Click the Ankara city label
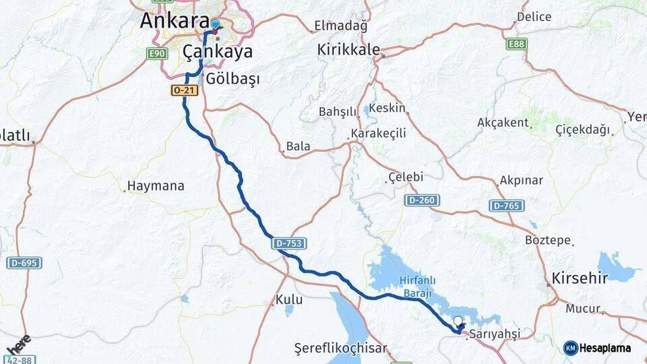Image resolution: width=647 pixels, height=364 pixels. coord(174,20)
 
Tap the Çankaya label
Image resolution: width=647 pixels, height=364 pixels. coord(218,52)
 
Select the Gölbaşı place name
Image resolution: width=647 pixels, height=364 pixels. coord(233,79)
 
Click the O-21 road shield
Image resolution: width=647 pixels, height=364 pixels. coord(185,90)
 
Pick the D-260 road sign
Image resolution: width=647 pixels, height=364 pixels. coord(423,200)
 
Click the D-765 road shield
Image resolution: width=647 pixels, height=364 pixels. coord(506,205)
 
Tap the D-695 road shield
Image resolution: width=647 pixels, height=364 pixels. coord(24,262)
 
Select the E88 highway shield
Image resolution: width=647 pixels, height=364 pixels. coord(517,44)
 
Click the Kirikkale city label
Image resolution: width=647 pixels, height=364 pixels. coord(349,49)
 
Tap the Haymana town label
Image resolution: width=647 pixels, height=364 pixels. coord(156,186)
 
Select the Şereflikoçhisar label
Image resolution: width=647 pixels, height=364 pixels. coord(341,348)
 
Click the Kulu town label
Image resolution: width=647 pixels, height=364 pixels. coord(289,299)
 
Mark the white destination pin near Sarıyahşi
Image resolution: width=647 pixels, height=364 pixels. coord(458,322)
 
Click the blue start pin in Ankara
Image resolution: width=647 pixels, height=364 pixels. coord(215,25)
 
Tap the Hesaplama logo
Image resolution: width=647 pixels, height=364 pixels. coord(597,348)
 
